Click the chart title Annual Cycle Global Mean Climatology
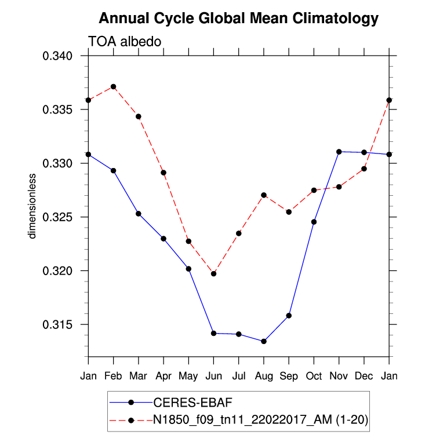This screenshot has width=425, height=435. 238,19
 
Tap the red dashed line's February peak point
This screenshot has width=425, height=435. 114,87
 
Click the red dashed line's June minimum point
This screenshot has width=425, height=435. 213,273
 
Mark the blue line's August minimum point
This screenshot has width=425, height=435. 264,341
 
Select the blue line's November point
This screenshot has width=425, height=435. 339,152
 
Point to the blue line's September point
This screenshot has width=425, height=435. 289,316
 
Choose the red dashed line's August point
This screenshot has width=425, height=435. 264,195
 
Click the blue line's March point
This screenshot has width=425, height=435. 139,214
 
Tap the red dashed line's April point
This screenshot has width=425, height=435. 164,173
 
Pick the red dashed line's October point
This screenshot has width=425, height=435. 314,190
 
